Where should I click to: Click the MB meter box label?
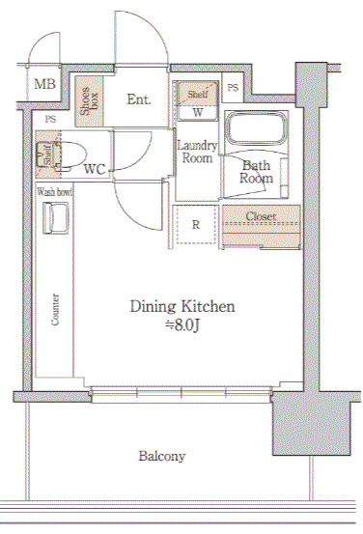44,83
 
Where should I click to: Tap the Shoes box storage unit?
89,101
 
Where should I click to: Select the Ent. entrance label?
139,99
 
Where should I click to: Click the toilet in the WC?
70,155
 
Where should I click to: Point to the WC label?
95,169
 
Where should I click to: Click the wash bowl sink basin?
55,218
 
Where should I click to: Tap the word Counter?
55,309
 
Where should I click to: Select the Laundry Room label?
197,152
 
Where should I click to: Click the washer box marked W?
197,113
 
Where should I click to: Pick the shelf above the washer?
197,94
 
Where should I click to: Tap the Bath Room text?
256,172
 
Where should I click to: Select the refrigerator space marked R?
195,225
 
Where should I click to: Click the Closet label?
261,216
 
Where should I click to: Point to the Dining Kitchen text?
182,306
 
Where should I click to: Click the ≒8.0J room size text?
181,325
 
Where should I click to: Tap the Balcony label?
162,456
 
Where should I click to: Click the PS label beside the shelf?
233,88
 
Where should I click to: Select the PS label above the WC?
50,120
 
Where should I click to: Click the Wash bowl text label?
54,192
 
